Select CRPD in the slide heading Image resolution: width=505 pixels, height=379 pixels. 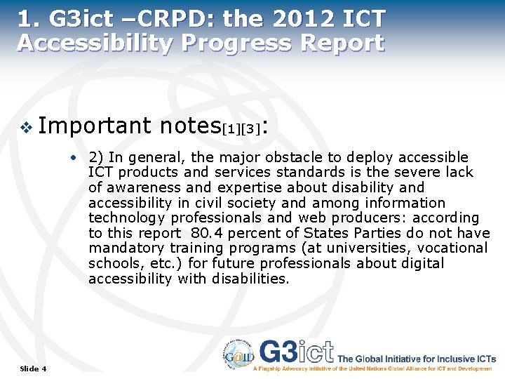154,18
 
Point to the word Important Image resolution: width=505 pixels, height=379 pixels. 94,126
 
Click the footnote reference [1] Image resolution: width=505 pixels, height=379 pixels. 231,129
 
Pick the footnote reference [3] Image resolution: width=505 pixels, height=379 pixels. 251,129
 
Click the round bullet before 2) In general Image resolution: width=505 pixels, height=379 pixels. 73,157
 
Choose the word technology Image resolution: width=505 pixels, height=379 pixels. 124,218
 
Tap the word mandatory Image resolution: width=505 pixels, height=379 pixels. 126,248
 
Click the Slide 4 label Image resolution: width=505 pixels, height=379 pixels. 34,368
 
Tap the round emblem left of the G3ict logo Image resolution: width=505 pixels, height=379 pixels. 239,354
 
